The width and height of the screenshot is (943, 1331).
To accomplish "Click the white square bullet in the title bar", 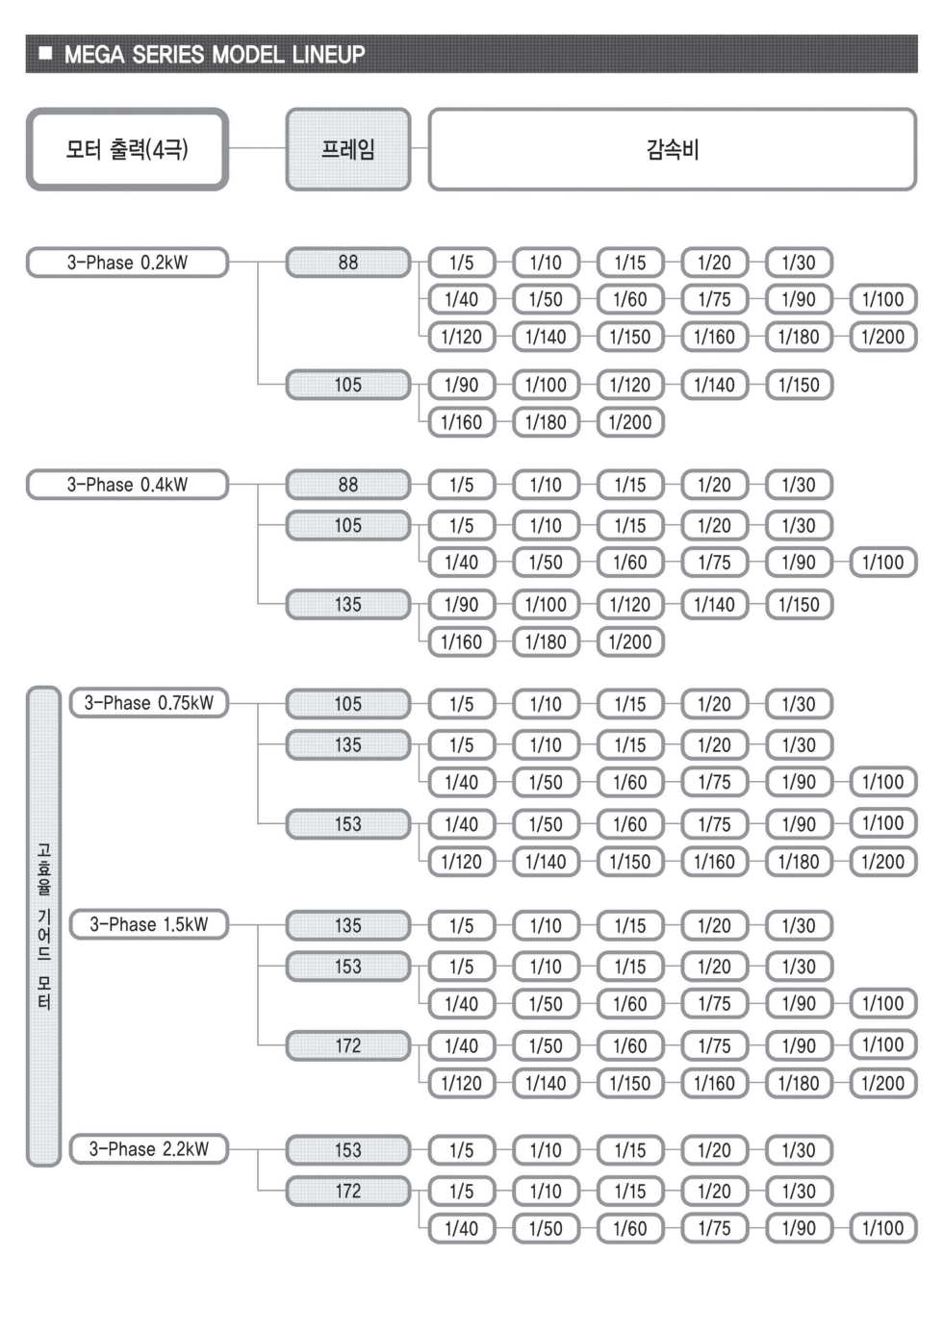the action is pyautogui.click(x=45, y=54).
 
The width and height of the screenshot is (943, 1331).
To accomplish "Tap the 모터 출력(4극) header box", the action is pyautogui.click(x=127, y=149).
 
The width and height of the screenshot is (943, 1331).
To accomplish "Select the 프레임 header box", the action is pyautogui.click(x=347, y=149).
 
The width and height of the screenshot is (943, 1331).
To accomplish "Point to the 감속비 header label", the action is pyautogui.click(x=673, y=149).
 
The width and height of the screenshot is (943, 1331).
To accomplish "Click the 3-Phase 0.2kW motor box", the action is pyautogui.click(x=127, y=263).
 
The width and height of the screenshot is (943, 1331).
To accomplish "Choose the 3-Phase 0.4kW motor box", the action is pyautogui.click(x=127, y=485).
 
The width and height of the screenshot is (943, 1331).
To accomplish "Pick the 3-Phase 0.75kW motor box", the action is pyautogui.click(x=148, y=703).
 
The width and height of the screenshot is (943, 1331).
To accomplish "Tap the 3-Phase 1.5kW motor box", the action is pyautogui.click(x=148, y=924).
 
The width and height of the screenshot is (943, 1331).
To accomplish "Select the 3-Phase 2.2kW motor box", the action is pyautogui.click(x=148, y=1149).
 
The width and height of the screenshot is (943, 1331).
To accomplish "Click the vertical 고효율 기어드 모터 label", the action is pyautogui.click(x=44, y=926).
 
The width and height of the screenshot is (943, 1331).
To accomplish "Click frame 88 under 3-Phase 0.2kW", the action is pyautogui.click(x=347, y=263).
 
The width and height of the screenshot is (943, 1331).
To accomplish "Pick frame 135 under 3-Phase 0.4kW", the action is pyautogui.click(x=347, y=605).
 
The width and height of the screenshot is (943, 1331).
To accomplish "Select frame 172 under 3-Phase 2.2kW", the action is pyautogui.click(x=347, y=1191).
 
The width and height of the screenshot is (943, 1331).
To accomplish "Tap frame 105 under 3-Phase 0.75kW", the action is pyautogui.click(x=347, y=704).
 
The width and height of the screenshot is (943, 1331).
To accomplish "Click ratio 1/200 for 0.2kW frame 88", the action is pyautogui.click(x=883, y=337).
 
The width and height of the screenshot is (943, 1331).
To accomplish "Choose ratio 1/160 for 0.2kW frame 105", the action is pyautogui.click(x=461, y=422).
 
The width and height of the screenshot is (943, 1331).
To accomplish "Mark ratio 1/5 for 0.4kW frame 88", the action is pyautogui.click(x=461, y=485).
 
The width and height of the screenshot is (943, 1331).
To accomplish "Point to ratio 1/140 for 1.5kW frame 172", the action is pyautogui.click(x=546, y=1083).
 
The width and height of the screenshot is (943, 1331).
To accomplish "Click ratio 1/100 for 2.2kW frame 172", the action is pyautogui.click(x=883, y=1228).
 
